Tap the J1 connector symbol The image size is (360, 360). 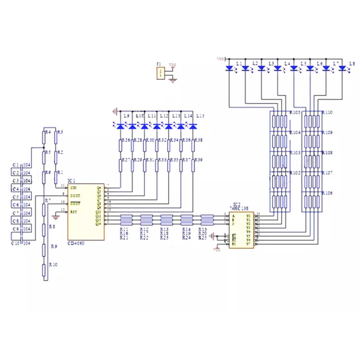click(160, 73)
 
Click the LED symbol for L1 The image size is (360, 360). click(229, 68)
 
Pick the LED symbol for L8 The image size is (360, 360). click(342, 68)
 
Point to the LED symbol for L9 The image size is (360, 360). click(120, 126)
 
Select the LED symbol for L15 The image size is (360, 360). click(193, 126)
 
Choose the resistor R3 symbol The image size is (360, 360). click(56, 137)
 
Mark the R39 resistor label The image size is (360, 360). click(198, 159)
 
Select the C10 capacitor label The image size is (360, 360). click(16, 243)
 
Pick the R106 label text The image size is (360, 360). click(327, 193)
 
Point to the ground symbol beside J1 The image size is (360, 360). click(173, 81)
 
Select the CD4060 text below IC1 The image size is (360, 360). click(76, 244)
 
